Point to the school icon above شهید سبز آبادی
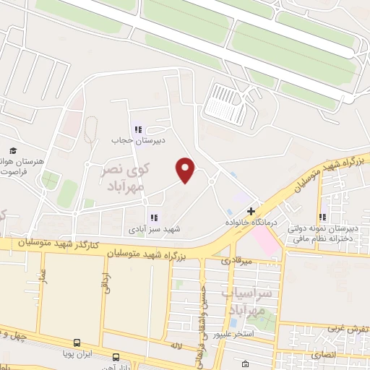(153, 218)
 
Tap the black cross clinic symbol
(251, 212)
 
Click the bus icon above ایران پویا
(76, 342)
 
